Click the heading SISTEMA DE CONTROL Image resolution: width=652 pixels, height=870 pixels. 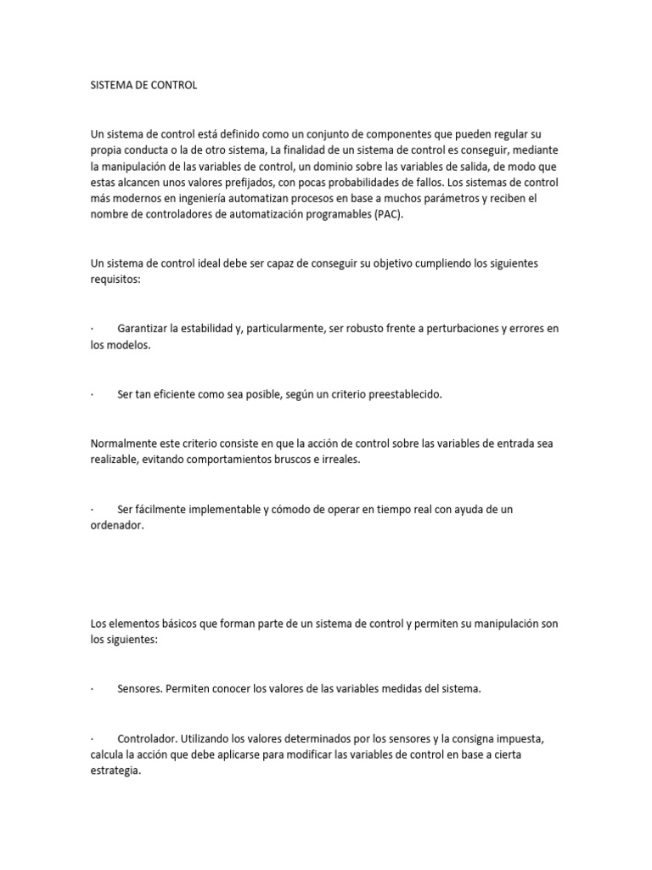pyautogui.click(x=143, y=86)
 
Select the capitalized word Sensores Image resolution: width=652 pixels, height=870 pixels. pyautogui.click(x=139, y=689)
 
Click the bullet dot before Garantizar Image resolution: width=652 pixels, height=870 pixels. pyautogui.click(x=92, y=330)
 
